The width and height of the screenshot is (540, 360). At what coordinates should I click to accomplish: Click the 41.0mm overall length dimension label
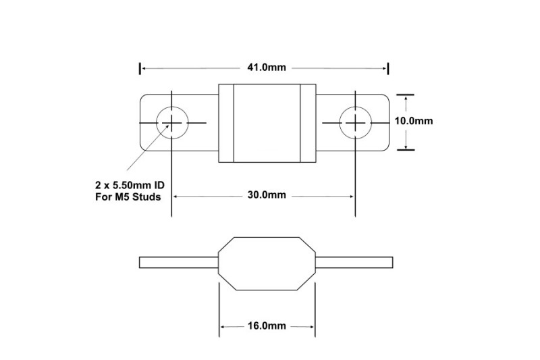(x=267, y=67)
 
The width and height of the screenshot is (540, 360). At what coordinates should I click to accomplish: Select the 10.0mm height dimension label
(x=414, y=121)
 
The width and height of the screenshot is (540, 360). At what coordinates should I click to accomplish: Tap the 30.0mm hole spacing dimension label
(x=267, y=195)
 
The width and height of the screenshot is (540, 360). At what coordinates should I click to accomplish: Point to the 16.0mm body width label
(x=267, y=326)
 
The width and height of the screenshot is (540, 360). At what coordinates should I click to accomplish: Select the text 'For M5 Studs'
(x=128, y=197)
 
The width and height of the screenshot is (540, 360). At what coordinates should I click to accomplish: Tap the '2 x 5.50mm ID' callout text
(x=130, y=185)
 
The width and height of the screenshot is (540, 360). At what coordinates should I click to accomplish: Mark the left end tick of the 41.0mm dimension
(x=140, y=68)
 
